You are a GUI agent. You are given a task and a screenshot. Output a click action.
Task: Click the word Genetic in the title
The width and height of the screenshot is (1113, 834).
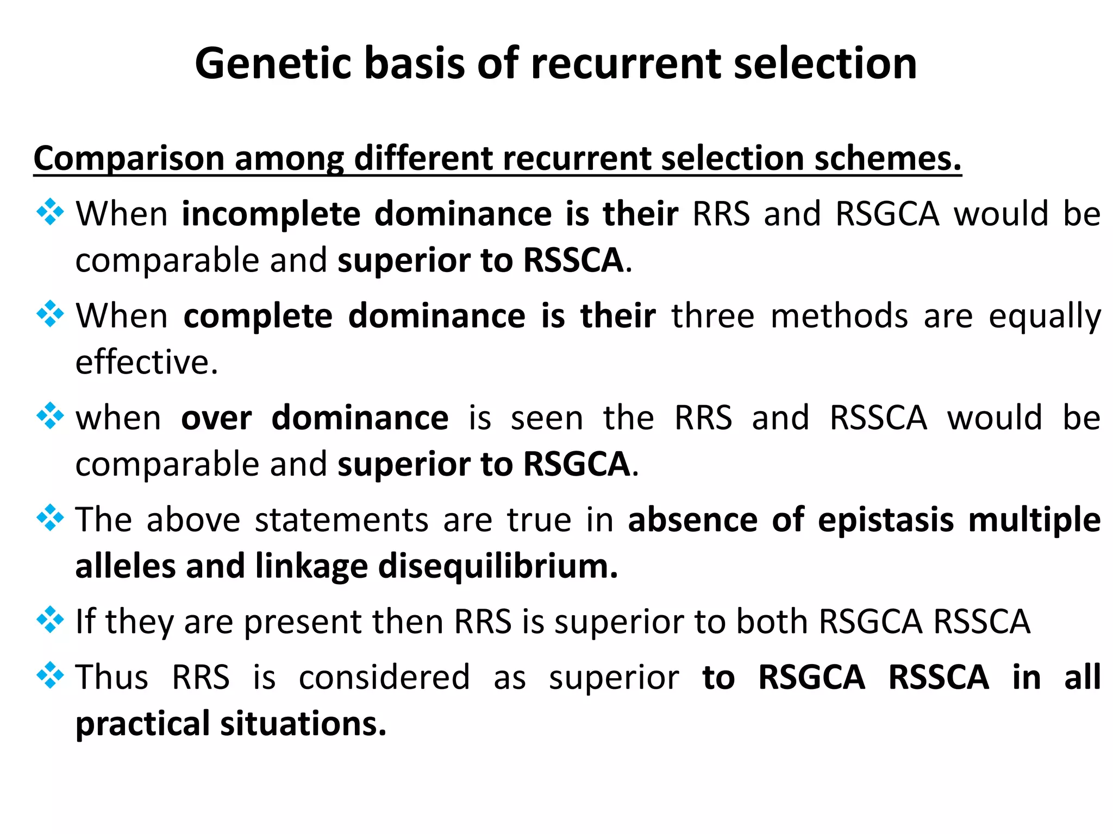274,64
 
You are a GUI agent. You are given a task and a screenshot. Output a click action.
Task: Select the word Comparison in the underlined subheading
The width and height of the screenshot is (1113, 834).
129,159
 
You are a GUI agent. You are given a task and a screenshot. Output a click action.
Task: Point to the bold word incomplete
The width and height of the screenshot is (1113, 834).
271,213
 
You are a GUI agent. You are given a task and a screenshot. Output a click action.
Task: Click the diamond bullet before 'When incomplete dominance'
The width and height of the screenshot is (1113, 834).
50,212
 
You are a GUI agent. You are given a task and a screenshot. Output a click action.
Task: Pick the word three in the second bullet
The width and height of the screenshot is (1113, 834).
713,315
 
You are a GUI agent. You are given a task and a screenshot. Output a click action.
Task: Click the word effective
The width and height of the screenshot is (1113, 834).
146,362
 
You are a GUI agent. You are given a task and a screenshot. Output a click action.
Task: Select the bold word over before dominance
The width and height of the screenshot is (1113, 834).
216,418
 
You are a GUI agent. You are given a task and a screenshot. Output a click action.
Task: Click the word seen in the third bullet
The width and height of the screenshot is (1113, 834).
547,418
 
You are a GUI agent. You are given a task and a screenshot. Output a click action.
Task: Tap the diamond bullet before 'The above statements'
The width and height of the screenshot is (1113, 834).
50,518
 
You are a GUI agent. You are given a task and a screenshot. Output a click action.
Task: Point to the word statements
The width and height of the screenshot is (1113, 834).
342,520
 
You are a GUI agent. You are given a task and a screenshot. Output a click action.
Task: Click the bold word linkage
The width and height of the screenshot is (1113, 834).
311,566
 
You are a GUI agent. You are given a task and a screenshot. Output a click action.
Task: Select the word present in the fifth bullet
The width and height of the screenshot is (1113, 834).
302,622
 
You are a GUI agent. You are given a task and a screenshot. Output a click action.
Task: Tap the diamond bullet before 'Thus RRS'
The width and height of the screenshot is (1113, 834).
50,675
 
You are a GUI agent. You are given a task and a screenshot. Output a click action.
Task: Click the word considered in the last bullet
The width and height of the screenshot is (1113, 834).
384,677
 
